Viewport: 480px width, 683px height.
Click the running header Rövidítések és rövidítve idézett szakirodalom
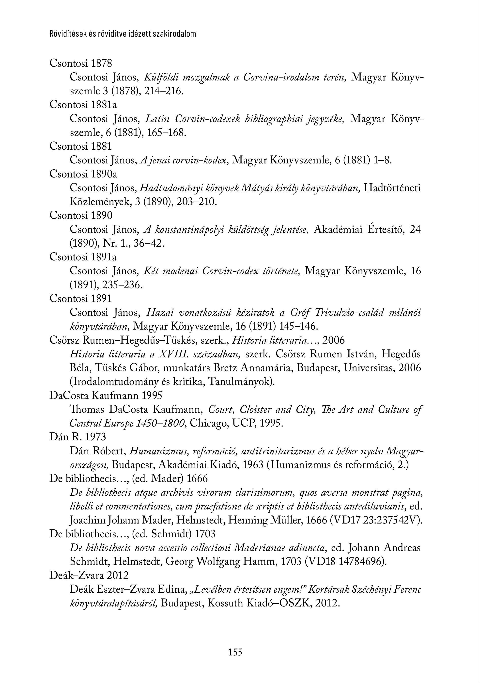[123, 34]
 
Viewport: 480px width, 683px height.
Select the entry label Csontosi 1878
[81, 63]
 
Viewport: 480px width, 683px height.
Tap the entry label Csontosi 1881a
[83, 105]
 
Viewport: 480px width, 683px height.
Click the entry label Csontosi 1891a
[83, 256]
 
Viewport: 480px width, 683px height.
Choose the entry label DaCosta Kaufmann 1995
[106, 395]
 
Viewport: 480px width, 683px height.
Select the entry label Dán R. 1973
[77, 437]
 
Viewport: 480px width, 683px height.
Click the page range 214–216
[162, 91]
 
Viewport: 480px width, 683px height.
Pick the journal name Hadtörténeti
[392, 188]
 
